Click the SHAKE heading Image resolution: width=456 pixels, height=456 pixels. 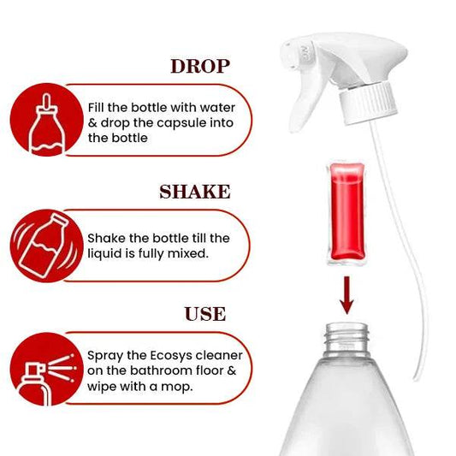(x=195, y=191)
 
